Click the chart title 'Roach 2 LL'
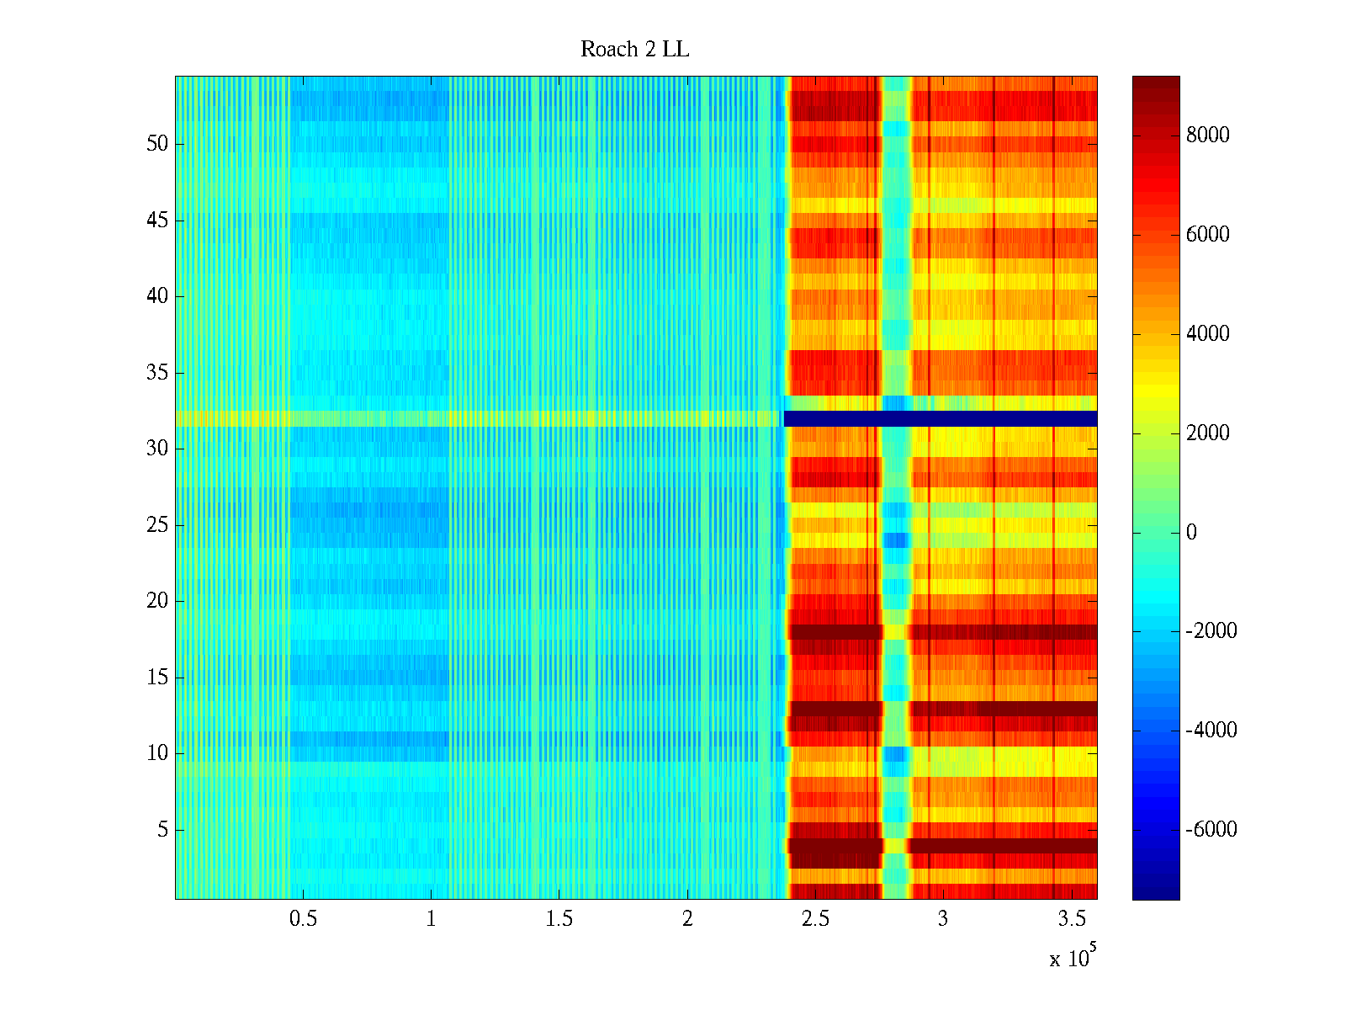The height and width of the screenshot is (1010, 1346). click(634, 50)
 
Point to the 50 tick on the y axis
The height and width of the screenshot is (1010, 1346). click(157, 144)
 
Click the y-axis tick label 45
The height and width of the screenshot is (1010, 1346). click(157, 221)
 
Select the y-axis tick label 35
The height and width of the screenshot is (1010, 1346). click(157, 373)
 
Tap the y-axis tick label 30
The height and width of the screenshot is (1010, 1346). click(157, 449)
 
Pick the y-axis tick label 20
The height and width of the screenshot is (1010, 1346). click(157, 601)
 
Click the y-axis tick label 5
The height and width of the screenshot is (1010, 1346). click(162, 830)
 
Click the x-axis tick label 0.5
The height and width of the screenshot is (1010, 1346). click(303, 919)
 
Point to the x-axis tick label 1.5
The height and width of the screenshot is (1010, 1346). click(559, 919)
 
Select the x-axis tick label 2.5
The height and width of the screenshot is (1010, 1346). click(814, 919)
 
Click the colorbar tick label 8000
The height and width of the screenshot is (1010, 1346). click(1207, 136)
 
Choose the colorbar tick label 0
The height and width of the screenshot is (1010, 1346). click(1191, 533)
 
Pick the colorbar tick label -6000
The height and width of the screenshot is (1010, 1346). click(1211, 830)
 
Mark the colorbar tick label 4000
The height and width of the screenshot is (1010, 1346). click(1207, 334)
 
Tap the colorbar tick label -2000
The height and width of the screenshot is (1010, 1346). click(1211, 631)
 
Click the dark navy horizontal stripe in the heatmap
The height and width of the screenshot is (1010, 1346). click(941, 418)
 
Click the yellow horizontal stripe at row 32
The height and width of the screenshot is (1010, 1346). click(471, 418)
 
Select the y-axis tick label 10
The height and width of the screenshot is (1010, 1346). click(157, 753)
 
